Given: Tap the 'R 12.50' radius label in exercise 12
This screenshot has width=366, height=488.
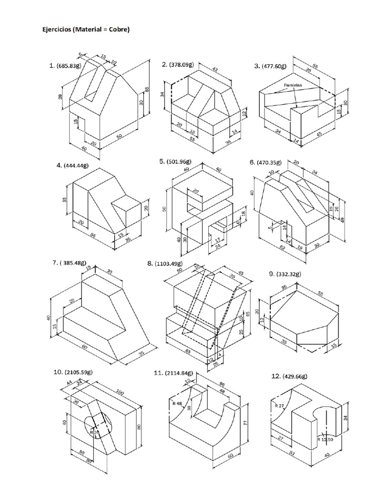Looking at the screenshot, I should pos(326,440).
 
